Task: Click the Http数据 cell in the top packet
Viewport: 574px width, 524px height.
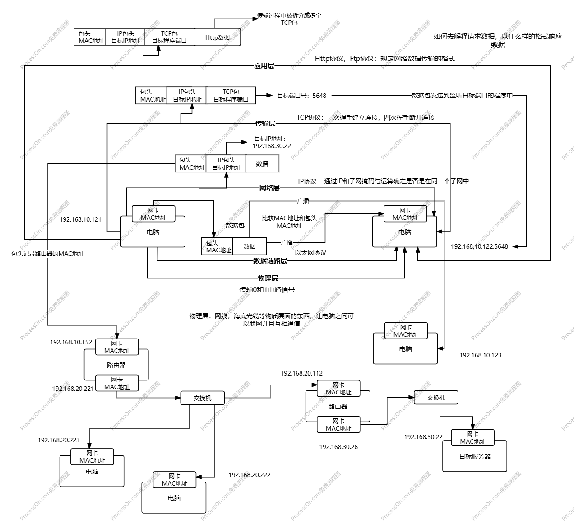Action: [217, 37]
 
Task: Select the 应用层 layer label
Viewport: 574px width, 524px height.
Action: [264, 66]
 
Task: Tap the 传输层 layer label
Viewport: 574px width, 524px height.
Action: [265, 123]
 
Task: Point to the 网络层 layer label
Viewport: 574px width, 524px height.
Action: [269, 188]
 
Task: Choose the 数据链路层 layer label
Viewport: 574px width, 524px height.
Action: [270, 260]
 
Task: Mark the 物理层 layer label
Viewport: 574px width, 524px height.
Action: [268, 278]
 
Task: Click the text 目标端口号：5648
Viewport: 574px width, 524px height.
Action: [301, 96]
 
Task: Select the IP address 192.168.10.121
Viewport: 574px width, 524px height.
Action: [80, 219]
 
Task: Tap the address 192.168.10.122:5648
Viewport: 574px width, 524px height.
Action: [479, 246]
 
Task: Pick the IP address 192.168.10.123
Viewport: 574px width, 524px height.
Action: [480, 355]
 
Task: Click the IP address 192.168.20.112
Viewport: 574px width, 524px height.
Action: [301, 373]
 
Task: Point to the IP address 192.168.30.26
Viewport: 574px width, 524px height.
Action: [338, 447]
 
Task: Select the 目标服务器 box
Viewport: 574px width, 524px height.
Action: [475, 457]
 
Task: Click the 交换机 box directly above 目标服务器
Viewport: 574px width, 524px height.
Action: [436, 398]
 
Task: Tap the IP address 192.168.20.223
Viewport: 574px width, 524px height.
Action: [59, 440]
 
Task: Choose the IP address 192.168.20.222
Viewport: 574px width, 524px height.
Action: [250, 475]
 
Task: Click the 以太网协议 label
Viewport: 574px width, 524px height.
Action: [310, 253]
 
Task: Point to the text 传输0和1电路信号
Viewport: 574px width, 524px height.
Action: [267, 290]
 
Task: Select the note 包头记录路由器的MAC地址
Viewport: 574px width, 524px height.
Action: [48, 254]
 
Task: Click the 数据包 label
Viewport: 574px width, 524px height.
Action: [235, 225]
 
